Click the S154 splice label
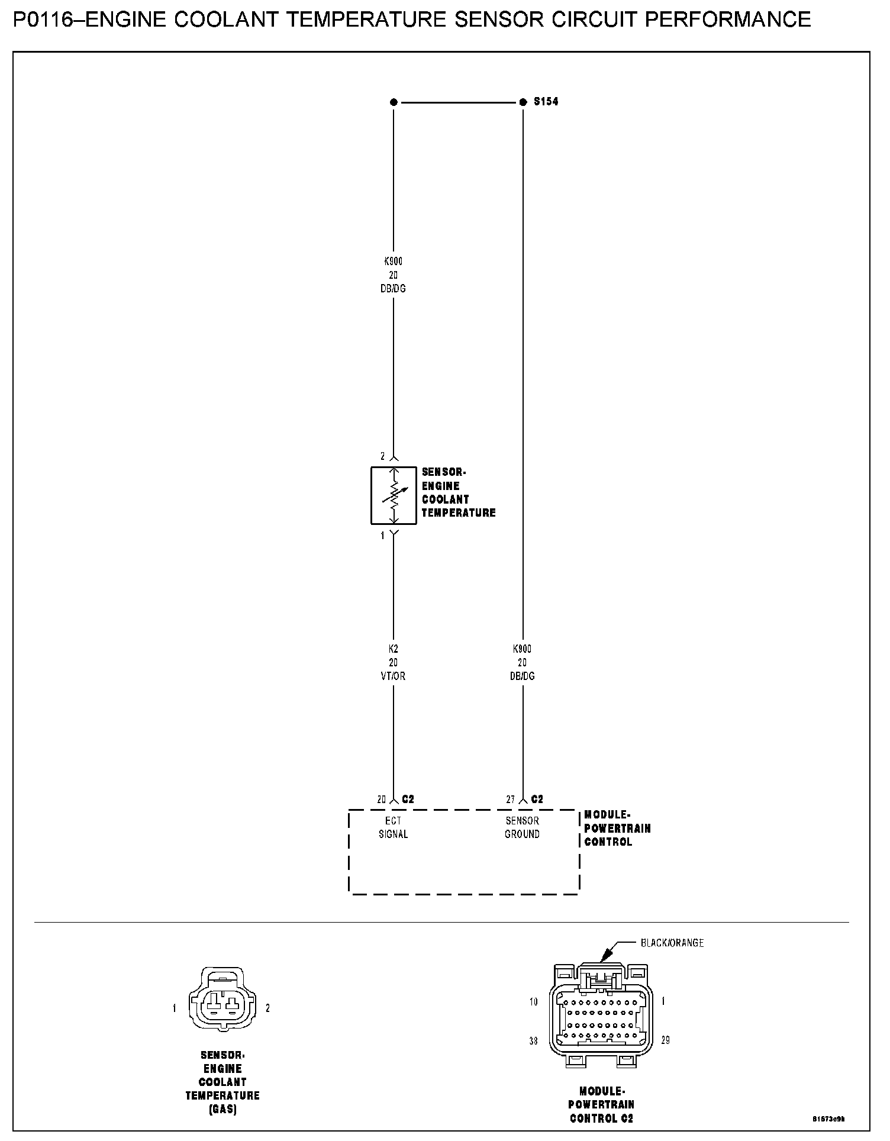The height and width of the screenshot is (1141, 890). (x=546, y=102)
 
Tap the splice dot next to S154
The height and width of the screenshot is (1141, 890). (x=523, y=102)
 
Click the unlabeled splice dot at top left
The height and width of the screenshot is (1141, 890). (x=394, y=102)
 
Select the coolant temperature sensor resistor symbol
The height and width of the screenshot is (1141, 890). (x=394, y=495)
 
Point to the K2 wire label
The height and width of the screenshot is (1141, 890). (x=394, y=649)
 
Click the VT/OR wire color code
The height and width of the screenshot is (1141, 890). (x=394, y=676)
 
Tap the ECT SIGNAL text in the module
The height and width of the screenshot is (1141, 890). (x=394, y=827)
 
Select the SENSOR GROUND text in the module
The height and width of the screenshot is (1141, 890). (x=522, y=827)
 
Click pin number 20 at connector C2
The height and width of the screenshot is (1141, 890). (x=382, y=800)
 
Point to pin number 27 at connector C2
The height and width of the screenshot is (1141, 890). (x=510, y=800)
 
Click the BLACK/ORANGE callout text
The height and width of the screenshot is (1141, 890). (x=672, y=943)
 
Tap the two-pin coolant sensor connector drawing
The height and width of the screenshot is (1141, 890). (x=222, y=1008)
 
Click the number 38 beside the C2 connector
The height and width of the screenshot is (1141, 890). (x=533, y=1040)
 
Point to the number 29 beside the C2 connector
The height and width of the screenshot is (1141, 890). (x=665, y=1040)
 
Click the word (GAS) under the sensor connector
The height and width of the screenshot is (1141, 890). (x=222, y=1110)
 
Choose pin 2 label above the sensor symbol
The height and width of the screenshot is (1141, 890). (x=383, y=456)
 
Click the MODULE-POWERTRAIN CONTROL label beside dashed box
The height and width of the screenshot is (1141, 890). (x=617, y=829)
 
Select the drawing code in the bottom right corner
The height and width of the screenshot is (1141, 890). (x=828, y=1119)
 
